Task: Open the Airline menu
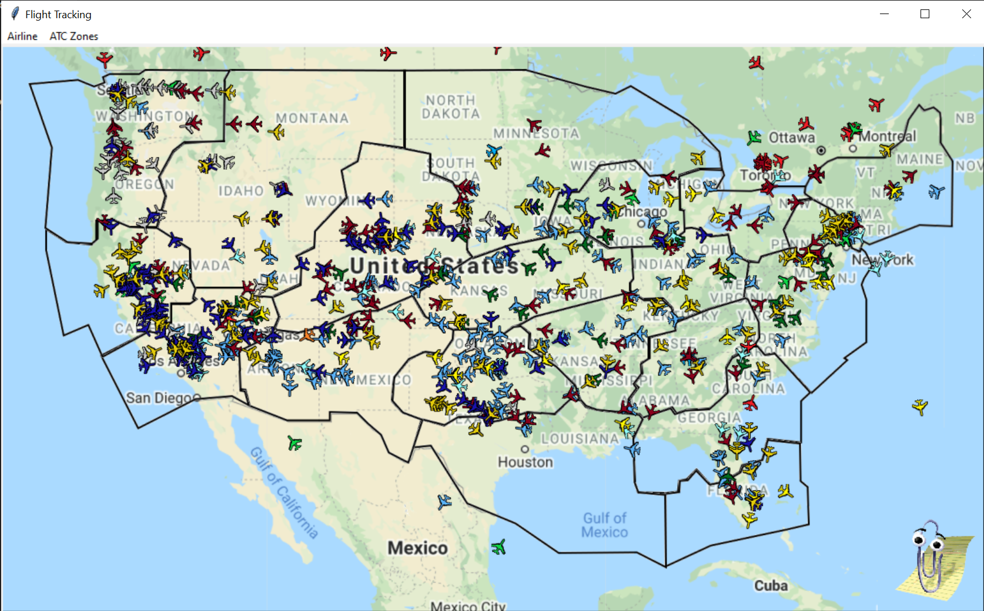coord(22,36)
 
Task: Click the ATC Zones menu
coord(73,36)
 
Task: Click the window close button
coord(966,14)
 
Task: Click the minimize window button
coord(883,14)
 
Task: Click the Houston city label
coord(525,462)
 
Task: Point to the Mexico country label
coord(417,548)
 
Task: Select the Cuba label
coord(771,586)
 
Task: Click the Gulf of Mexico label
coord(604,525)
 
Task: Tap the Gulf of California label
coord(284,492)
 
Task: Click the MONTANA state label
coord(312,118)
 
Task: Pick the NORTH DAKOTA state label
coord(451,107)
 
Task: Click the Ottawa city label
coord(792,137)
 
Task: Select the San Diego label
coord(159,398)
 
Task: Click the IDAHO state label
coord(241,191)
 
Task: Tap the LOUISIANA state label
coord(580,439)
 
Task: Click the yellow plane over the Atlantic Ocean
coord(920,406)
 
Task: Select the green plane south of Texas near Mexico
coord(498,548)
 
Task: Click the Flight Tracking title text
coord(58,15)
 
